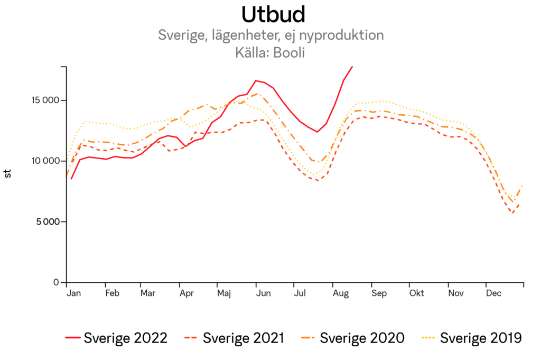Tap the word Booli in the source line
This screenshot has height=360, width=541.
(290, 53)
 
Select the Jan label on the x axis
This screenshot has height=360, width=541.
(73, 292)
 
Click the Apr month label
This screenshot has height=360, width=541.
(186, 292)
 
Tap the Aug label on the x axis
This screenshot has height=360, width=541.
(340, 292)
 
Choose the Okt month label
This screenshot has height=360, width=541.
(417, 292)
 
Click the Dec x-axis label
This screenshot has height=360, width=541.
(493, 292)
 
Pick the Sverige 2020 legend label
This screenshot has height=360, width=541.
(355, 338)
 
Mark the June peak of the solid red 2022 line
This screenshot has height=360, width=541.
(256, 81)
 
